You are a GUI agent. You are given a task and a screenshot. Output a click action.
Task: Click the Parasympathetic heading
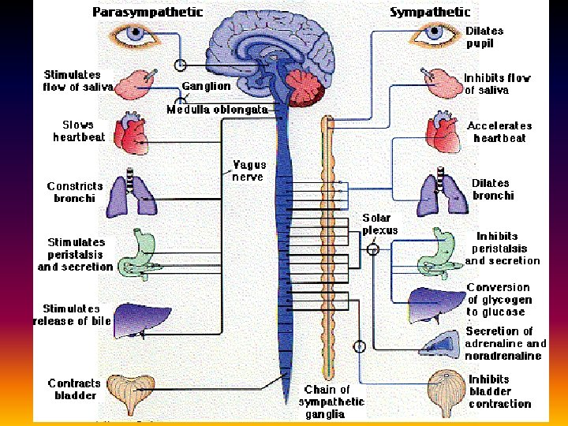point(148,12)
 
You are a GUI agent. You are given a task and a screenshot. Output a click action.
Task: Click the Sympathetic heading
point(430,12)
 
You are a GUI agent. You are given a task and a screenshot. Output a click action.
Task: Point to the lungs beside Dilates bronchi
point(437,194)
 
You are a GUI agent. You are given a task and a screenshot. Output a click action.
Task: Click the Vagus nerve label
point(249,170)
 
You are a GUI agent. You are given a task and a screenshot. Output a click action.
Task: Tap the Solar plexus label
point(380,223)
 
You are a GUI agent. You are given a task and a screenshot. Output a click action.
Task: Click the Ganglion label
point(206,86)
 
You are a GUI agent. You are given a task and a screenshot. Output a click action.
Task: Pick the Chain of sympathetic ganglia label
point(332,402)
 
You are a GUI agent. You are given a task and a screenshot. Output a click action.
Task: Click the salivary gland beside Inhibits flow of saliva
point(438,82)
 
